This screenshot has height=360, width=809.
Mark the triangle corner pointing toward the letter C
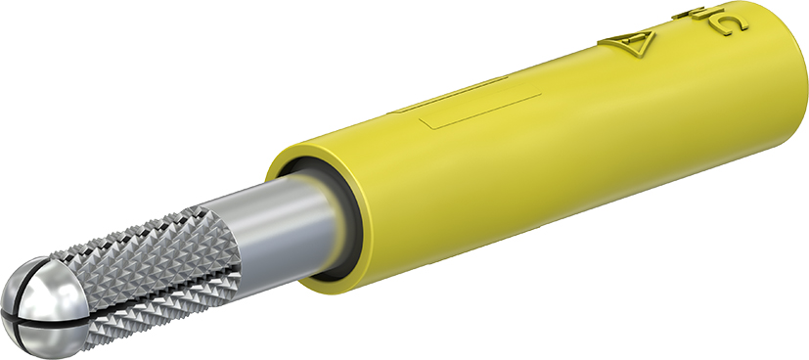[652, 38]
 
